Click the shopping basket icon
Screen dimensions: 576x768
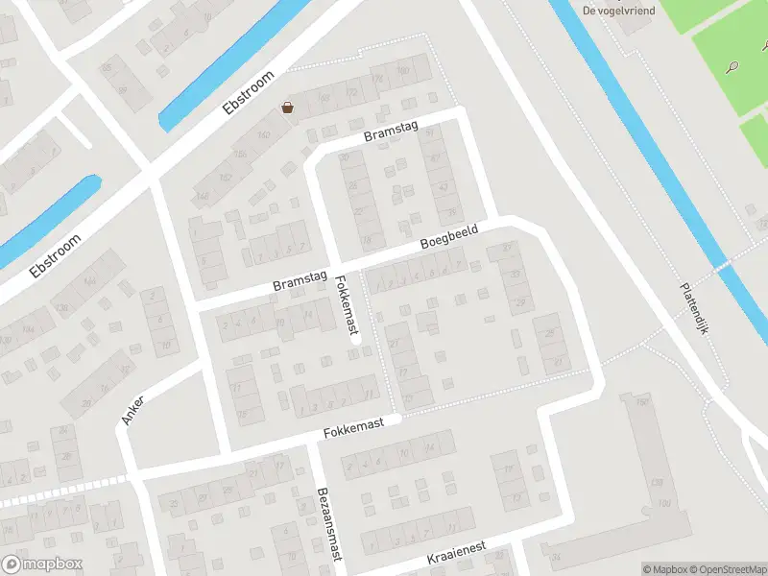coord(287,108)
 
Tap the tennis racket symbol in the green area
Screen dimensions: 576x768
coord(732,67)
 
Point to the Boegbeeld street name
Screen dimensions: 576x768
coord(448,239)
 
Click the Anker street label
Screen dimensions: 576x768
coord(132,410)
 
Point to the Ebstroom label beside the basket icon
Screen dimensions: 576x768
coord(249,93)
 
